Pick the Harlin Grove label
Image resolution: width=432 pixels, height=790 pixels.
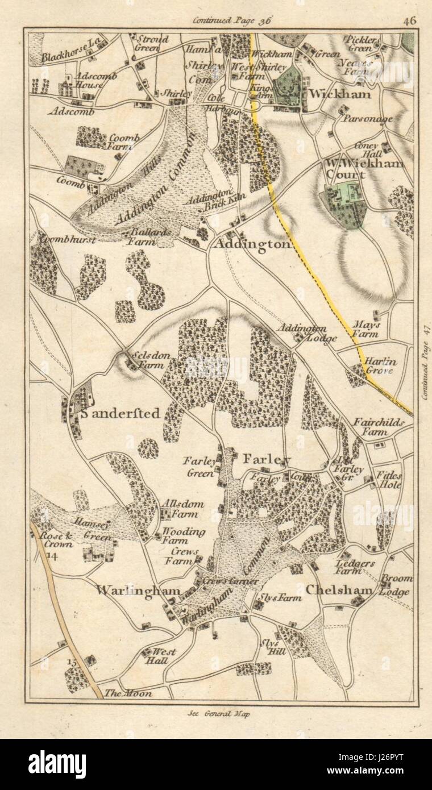pos(380,365)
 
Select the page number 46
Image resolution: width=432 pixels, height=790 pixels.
pos(410,20)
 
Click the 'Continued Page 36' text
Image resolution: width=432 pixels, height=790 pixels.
pos(232,20)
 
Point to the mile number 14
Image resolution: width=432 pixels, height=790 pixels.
pos(53,555)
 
